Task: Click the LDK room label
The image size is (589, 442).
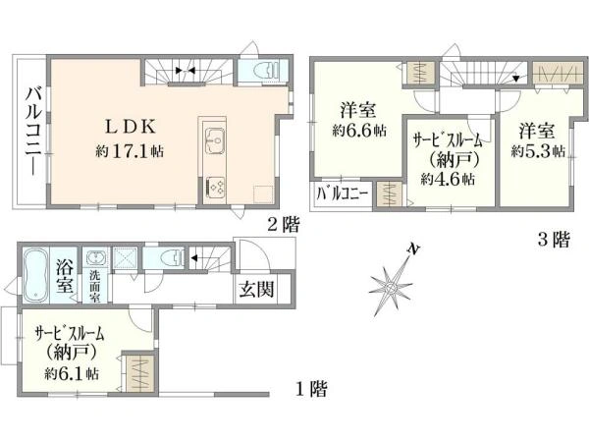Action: (x=127, y=127)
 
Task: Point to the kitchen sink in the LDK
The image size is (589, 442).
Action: (x=216, y=138)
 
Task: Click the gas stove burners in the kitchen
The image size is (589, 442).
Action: (x=216, y=184)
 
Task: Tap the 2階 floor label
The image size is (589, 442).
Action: (x=283, y=224)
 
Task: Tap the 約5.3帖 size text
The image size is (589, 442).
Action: (x=539, y=150)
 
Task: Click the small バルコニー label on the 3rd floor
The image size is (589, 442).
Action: (x=343, y=193)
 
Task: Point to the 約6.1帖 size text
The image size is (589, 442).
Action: (x=71, y=374)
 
